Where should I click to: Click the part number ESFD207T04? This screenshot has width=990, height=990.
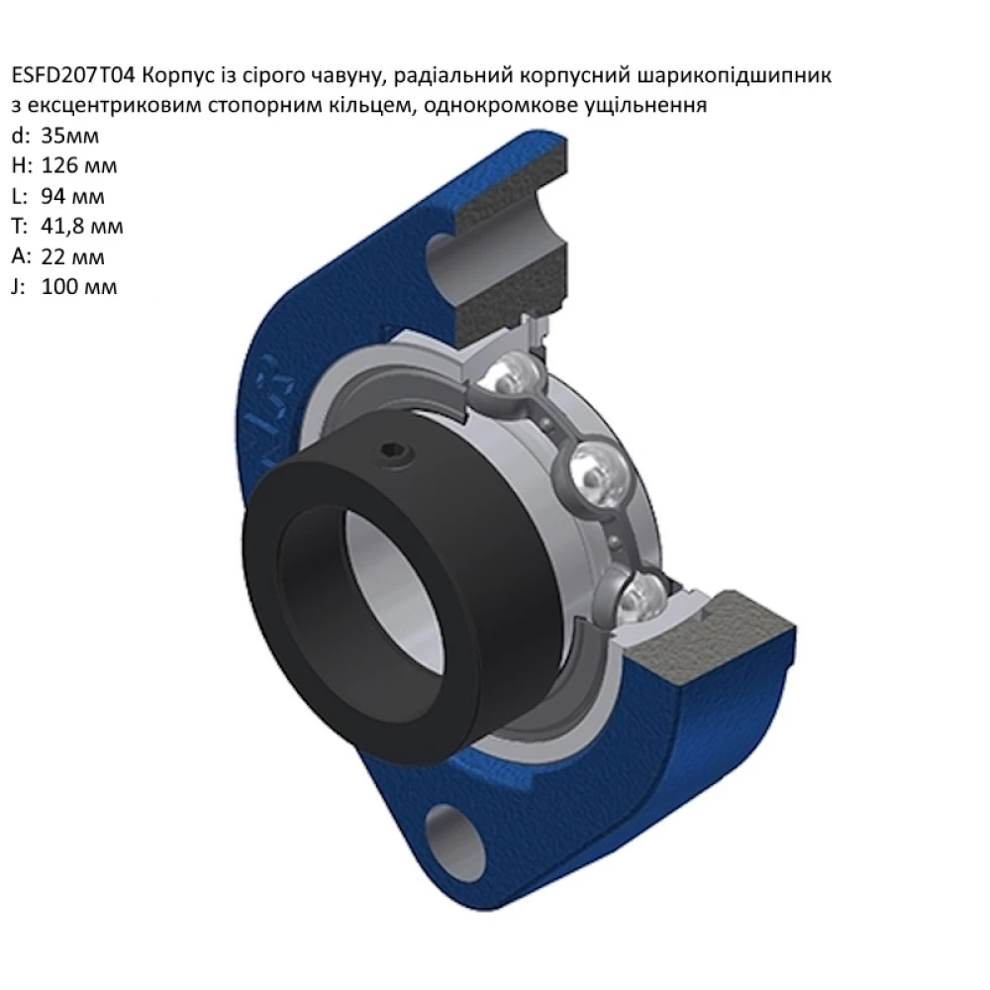[73, 76]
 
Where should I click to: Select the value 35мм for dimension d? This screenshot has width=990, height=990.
[70, 136]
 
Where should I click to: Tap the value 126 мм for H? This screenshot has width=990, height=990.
[79, 165]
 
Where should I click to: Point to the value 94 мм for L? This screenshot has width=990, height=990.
[72, 196]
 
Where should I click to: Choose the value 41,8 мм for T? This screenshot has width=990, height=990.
[82, 226]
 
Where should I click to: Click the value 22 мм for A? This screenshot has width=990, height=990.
[72, 257]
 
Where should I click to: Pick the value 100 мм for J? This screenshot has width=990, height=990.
[79, 287]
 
